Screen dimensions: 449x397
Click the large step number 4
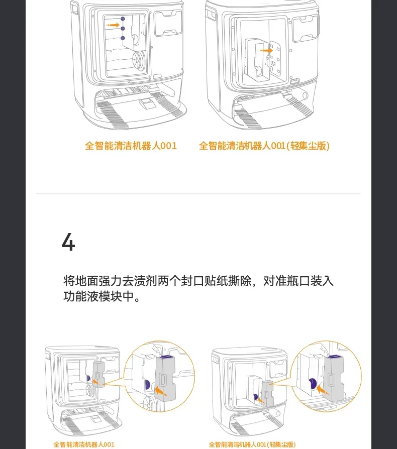68,243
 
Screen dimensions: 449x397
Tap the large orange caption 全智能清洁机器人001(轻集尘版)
264,146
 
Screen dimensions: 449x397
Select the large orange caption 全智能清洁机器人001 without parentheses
131,146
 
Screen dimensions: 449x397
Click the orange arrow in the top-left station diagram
114,25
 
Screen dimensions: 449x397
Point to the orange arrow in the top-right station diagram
266,50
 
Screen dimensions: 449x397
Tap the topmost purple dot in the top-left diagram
122,18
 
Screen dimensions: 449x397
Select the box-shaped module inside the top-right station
256,60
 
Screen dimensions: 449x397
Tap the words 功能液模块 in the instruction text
93,296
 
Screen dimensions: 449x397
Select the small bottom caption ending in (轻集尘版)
252,444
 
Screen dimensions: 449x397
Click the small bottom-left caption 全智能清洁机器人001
84,444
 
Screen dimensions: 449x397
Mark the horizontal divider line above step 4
198,193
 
